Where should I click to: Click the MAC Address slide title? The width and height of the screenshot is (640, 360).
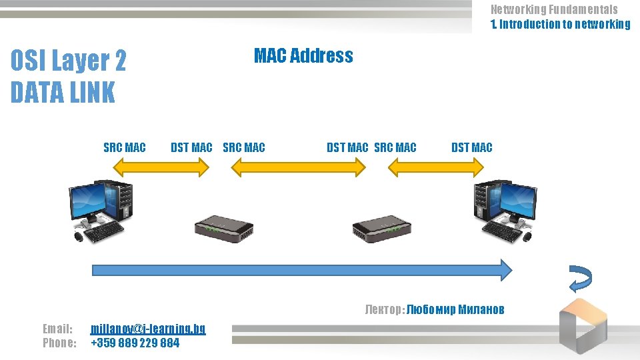(303, 56)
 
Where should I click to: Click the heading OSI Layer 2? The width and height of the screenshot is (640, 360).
(68, 61)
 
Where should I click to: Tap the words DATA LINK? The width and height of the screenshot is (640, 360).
(63, 93)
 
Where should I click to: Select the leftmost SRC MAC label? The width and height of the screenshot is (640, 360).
(124, 147)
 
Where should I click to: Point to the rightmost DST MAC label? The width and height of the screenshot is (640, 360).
(471, 147)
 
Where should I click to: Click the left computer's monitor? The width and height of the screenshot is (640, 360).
(89, 200)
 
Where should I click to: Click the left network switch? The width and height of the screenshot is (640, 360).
(224, 229)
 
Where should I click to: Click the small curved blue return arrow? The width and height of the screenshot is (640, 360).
(579, 279)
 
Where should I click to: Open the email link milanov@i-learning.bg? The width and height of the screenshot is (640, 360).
(148, 329)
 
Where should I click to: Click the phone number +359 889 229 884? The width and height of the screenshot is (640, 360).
(135, 343)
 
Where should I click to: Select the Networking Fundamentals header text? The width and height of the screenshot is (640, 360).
(554, 9)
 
